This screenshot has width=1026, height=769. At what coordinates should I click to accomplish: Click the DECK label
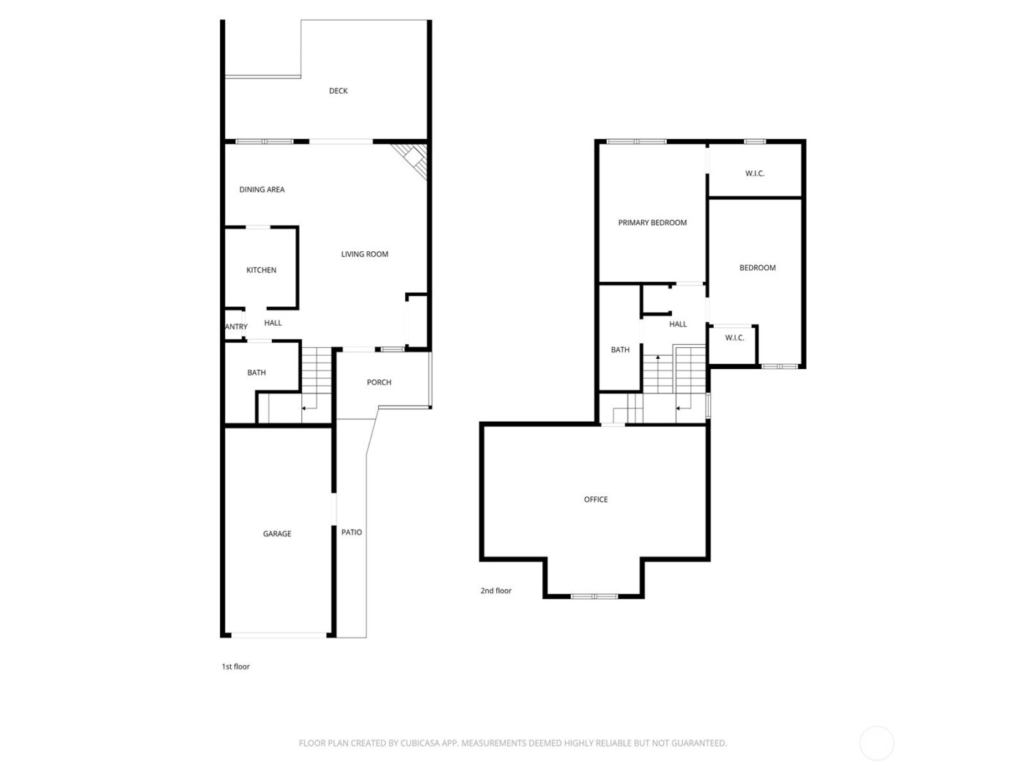(338, 91)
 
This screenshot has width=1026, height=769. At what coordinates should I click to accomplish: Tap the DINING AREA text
(262, 190)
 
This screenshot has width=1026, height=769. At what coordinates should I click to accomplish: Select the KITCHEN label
(261, 270)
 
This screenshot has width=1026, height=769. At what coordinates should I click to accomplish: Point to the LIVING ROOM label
(364, 254)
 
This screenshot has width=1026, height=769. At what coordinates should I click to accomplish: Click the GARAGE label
(277, 534)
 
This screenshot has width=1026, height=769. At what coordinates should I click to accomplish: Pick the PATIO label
(352, 532)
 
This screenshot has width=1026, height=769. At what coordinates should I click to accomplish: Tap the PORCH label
(379, 382)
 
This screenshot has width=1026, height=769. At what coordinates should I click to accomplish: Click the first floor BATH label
(256, 373)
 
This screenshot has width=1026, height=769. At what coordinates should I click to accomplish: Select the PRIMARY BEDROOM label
(652, 223)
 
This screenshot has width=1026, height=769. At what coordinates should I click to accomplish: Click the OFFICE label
(596, 499)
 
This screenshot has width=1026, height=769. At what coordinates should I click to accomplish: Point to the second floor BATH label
(620, 350)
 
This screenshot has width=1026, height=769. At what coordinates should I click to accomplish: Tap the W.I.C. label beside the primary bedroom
(755, 174)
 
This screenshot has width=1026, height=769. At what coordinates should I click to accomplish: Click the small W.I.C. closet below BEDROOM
(734, 338)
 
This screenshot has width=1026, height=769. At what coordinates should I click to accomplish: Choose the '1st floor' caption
(236, 666)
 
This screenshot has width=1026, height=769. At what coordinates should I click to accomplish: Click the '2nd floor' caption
(496, 590)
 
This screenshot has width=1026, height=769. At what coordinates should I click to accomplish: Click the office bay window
(594, 596)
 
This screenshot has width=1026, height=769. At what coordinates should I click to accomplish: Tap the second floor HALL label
(678, 324)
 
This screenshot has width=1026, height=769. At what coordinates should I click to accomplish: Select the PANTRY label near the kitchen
(235, 327)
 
